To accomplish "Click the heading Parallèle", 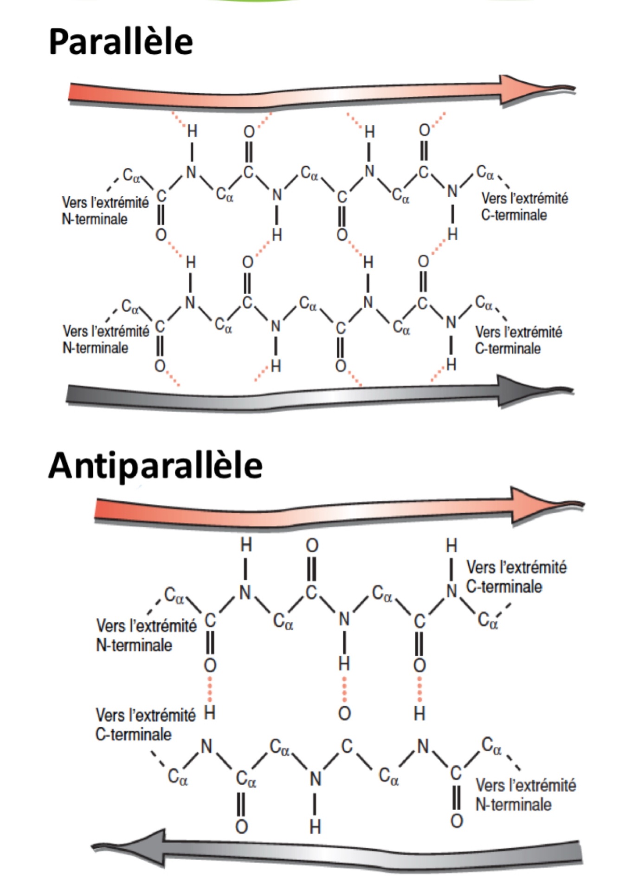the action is pyautogui.click(x=121, y=42).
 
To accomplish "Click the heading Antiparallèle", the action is pyautogui.click(x=155, y=465).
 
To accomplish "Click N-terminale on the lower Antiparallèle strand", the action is pyautogui.click(x=513, y=804).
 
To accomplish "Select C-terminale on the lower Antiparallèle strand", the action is pyautogui.click(x=134, y=734).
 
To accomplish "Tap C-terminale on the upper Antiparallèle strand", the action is pyautogui.click(x=504, y=587).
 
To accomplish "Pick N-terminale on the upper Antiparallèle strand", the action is pyautogui.click(x=134, y=645).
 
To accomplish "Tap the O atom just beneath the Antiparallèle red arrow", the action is pyautogui.click(x=312, y=546).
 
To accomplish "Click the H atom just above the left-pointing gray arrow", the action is pyautogui.click(x=315, y=826).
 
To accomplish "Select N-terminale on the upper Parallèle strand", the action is pyautogui.click(x=95, y=219).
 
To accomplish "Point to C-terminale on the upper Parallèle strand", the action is pyautogui.click(x=514, y=215).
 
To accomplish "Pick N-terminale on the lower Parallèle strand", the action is pyautogui.click(x=96, y=348).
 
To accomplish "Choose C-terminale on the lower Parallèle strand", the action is pyautogui.click(x=508, y=348).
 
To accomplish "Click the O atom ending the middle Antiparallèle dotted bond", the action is pyautogui.click(x=344, y=713).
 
